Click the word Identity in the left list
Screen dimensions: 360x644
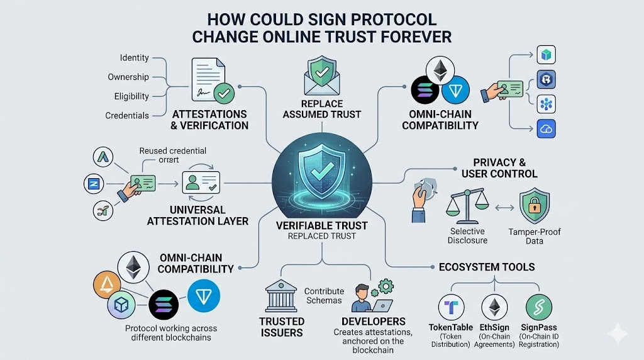134,58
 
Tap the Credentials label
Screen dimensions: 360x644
128,116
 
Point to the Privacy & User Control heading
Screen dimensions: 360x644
500,167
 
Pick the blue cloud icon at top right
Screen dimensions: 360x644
545,130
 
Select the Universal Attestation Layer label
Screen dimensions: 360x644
197,215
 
